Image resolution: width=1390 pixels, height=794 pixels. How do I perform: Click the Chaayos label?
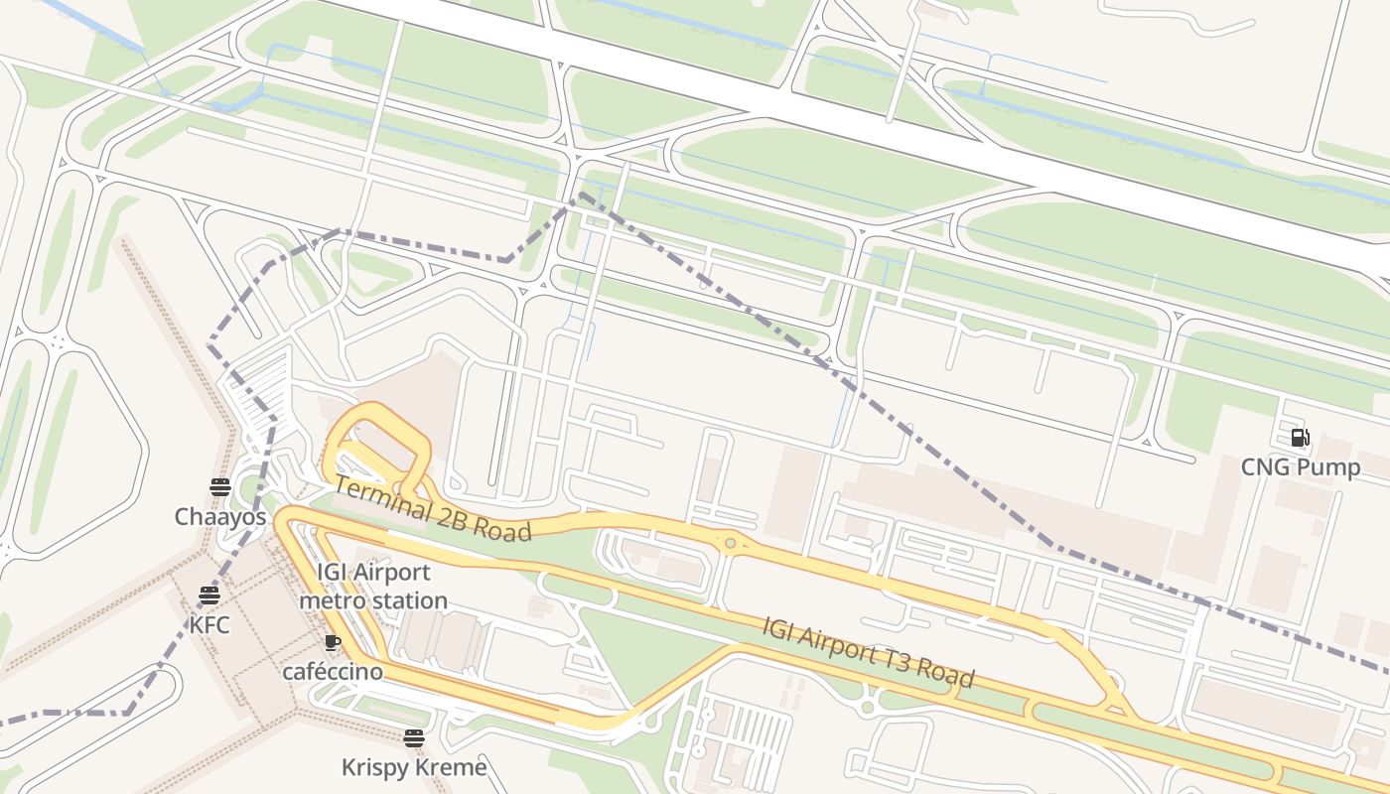tap(220, 517)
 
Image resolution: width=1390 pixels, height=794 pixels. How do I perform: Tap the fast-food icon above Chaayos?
tap(220, 486)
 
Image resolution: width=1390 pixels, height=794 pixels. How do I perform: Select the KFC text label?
tap(209, 625)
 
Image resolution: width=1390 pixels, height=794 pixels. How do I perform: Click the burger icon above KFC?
tap(209, 595)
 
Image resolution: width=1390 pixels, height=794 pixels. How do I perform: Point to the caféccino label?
tap(333, 672)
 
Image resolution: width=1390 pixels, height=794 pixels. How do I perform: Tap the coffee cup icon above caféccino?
tap(333, 642)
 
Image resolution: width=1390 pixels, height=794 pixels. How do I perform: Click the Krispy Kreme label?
tap(414, 767)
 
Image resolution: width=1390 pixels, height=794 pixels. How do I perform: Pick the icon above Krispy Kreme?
tap(414, 737)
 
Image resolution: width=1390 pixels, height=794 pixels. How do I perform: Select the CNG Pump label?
tap(1301, 467)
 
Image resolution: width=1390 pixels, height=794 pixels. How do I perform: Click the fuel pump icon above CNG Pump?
tap(1300, 438)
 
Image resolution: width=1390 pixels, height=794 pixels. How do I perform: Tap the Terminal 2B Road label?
tap(432, 508)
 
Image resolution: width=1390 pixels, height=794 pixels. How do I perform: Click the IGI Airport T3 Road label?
tap(868, 652)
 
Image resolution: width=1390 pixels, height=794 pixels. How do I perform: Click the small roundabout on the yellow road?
tap(731, 543)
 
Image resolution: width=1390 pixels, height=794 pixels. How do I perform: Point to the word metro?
tap(333, 601)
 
